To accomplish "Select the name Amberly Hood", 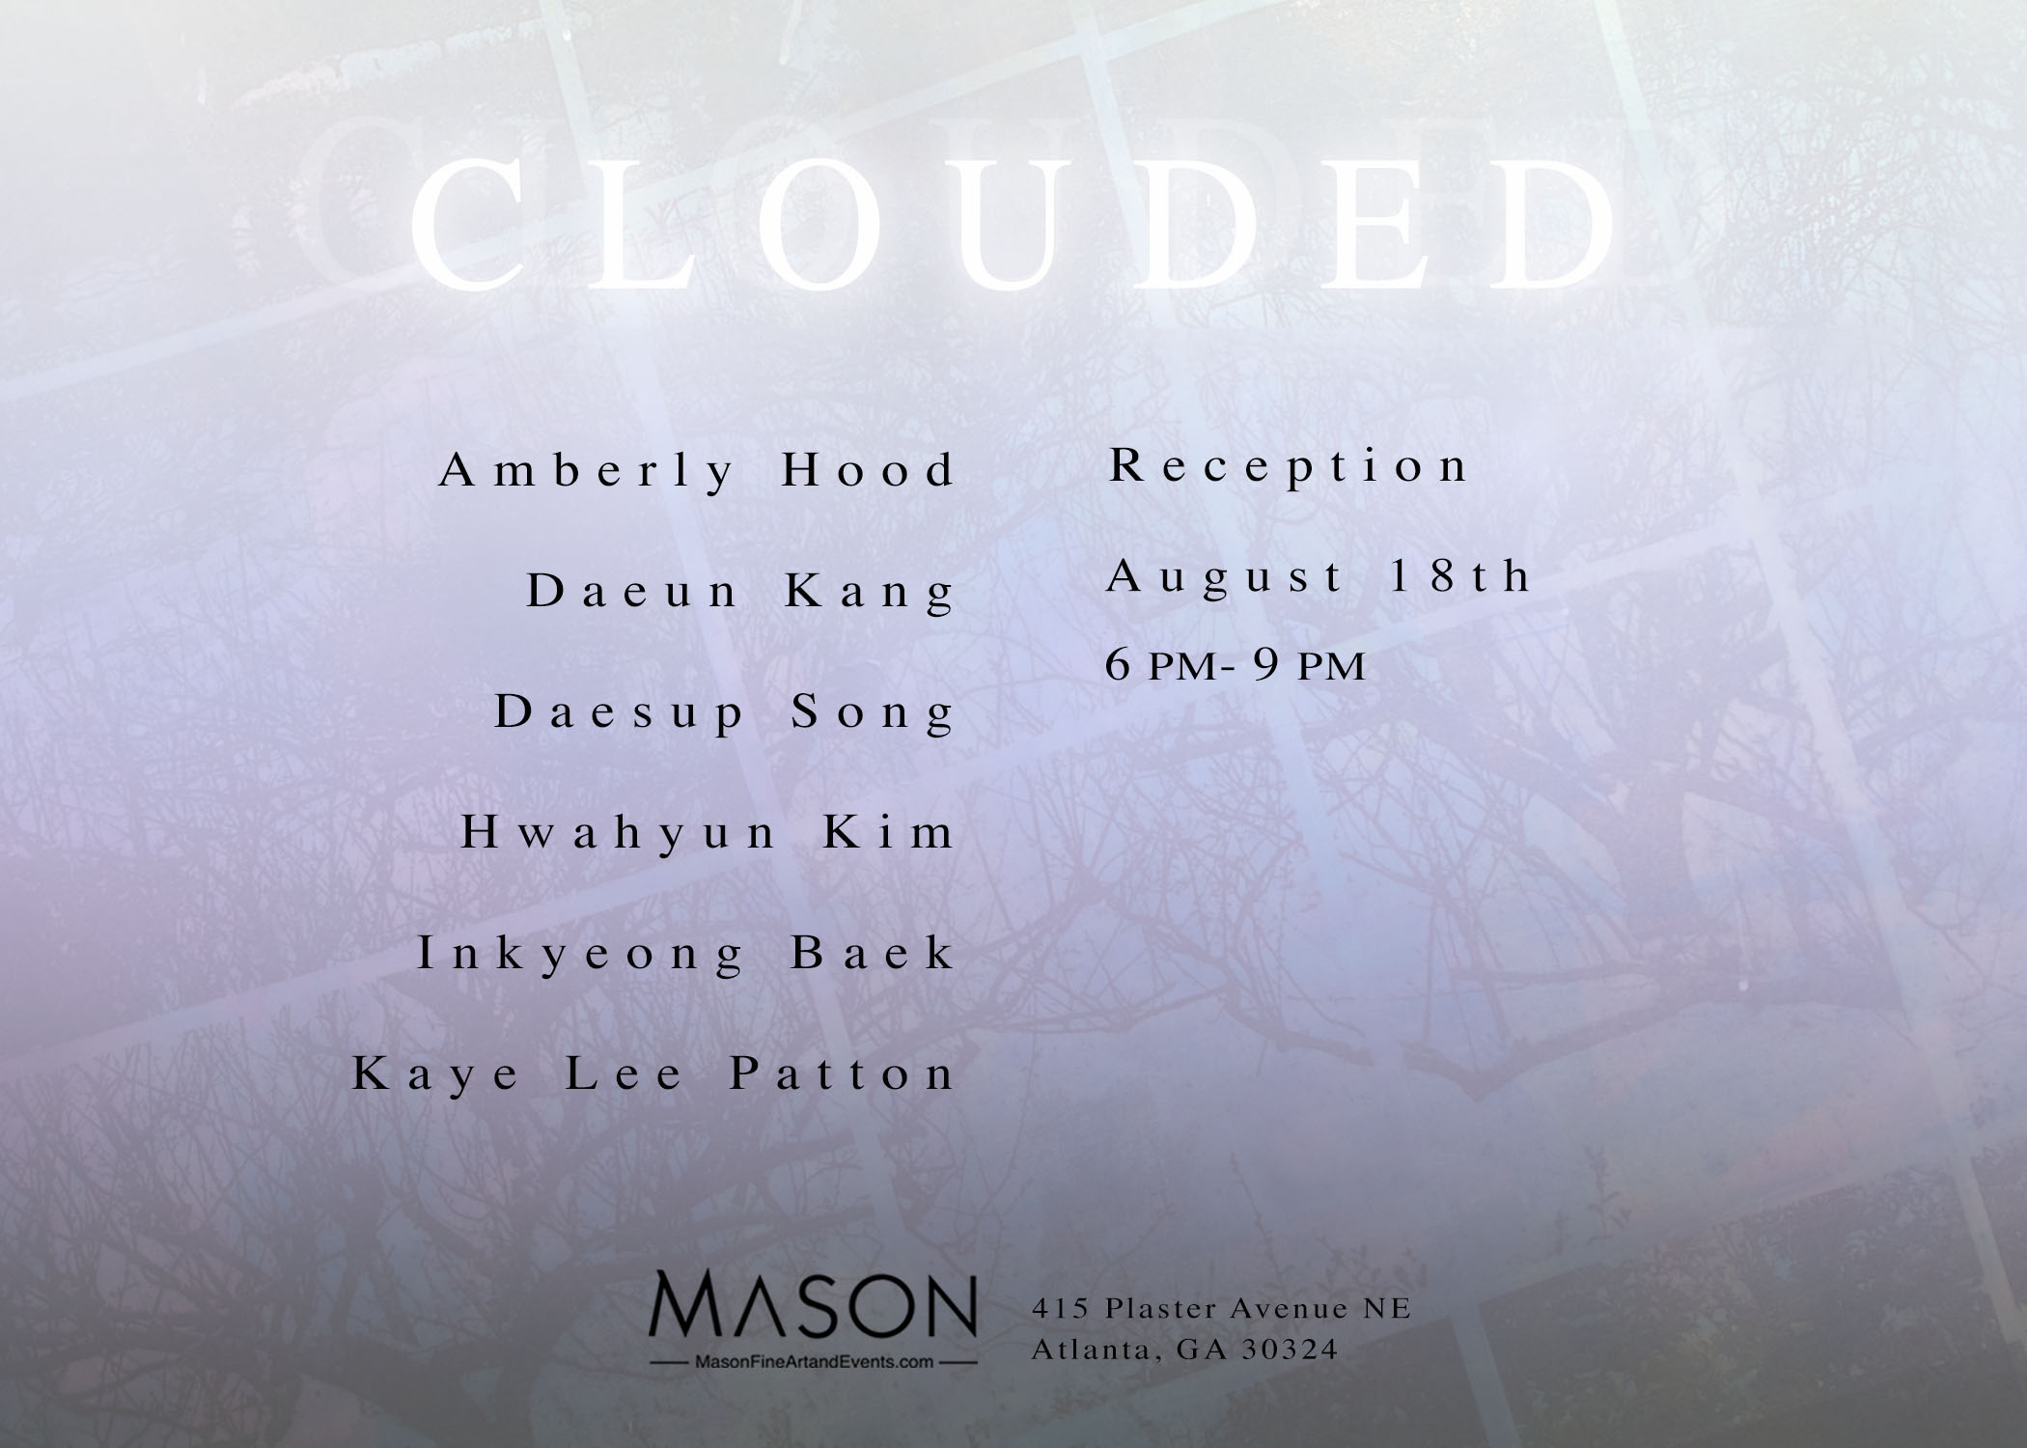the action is pyautogui.click(x=697, y=472).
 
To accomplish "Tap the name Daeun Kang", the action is pyautogui.click(x=740, y=592).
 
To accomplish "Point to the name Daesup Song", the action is pyautogui.click(x=724, y=713).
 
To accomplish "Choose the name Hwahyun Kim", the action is pyautogui.click(x=708, y=833).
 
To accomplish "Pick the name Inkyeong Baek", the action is pyautogui.click(x=685, y=954).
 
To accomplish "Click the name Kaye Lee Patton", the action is pyautogui.click(x=653, y=1073).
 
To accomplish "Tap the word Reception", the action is pyautogui.click(x=1288, y=465).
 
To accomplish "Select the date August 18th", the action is pyautogui.click(x=1319, y=577).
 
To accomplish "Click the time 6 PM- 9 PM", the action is pyautogui.click(x=1236, y=665).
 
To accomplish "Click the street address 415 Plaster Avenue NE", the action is pyautogui.click(x=1222, y=1308).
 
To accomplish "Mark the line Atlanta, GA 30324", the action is pyautogui.click(x=1185, y=1349).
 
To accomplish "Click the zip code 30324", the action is pyautogui.click(x=1292, y=1349).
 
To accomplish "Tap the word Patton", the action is pyautogui.click(x=842, y=1073).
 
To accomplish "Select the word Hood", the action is pyautogui.click(x=868, y=470).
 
